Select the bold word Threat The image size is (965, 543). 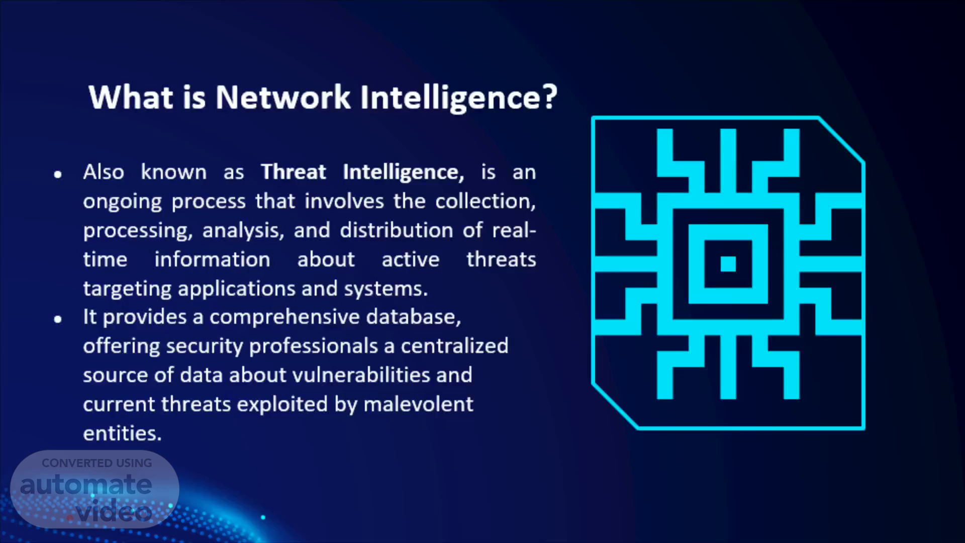294,172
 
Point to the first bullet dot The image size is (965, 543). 58,174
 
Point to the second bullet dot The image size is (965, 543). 58,319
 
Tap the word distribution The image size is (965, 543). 397,230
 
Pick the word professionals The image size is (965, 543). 314,346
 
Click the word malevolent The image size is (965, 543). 418,404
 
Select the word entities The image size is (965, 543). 122,433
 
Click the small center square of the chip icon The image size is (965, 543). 728,264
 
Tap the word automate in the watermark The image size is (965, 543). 86,485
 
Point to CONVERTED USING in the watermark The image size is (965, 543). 96,463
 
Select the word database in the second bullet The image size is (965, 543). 413,317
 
